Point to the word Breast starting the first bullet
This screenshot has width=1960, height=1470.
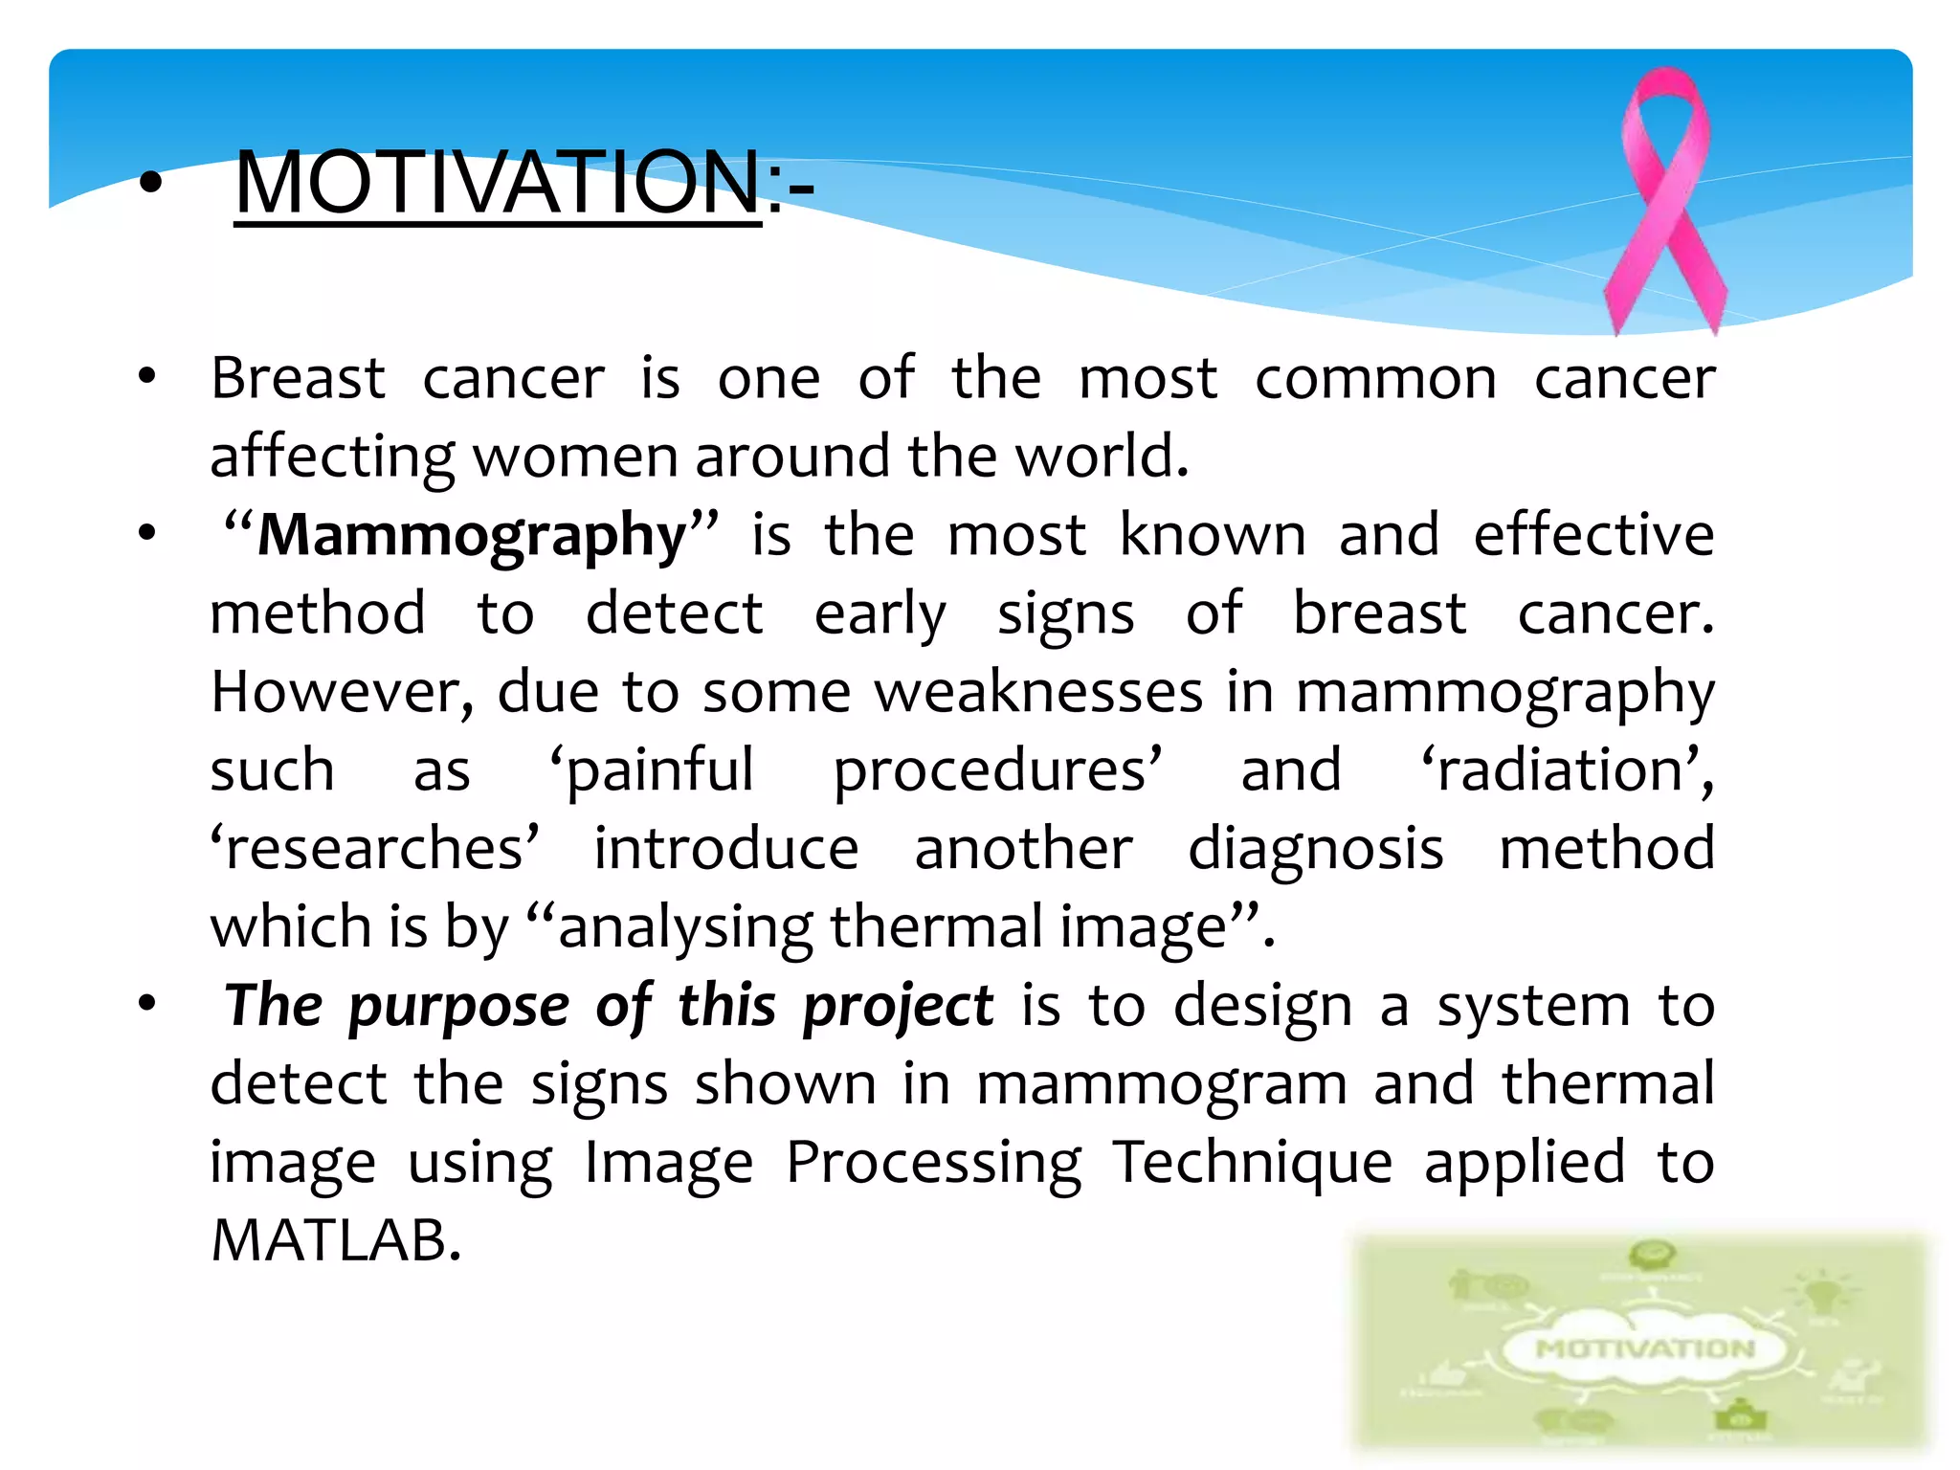click(x=298, y=378)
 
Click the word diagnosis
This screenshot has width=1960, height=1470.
click(x=1315, y=849)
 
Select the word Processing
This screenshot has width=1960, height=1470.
click(x=934, y=1163)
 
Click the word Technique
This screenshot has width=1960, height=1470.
click(x=1252, y=1163)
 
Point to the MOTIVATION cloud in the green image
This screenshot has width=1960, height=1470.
click(x=1644, y=1349)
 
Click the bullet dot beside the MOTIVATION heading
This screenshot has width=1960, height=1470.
click(x=151, y=184)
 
